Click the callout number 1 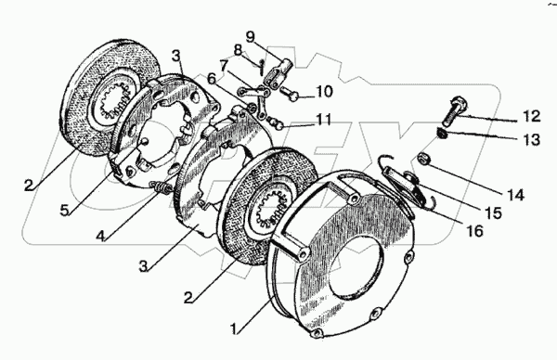coord(234,328)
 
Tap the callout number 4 coord(101,236)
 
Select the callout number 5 coord(64,211)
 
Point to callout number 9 coord(251,37)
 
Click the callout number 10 coord(324,92)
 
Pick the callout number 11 coord(323,120)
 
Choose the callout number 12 coord(531,116)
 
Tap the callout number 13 coord(531,139)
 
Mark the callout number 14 coord(515,195)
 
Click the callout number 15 coord(493,213)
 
